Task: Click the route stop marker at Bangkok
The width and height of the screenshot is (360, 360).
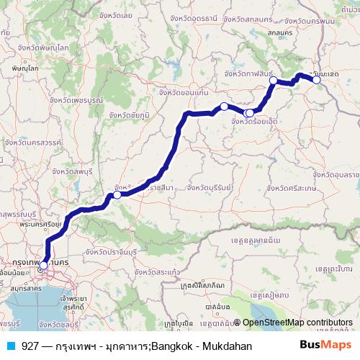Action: (x=43, y=266)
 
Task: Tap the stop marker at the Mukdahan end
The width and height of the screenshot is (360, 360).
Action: (x=316, y=80)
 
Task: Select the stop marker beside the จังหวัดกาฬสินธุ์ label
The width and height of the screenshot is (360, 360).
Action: (x=273, y=80)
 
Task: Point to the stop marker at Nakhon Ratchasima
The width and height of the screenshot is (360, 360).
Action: (x=117, y=194)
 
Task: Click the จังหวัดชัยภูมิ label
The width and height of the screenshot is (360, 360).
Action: (x=130, y=114)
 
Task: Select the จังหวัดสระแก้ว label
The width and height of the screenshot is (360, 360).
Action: (x=154, y=273)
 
